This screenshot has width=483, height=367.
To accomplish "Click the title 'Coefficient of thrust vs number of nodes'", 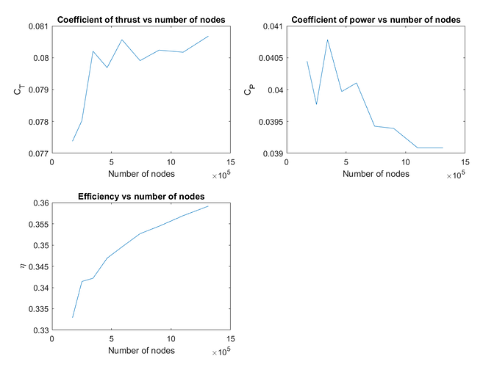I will (x=141, y=19).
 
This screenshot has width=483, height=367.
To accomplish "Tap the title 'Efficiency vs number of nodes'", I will (x=141, y=196).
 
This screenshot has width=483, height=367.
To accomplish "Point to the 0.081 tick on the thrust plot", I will (x=38, y=26).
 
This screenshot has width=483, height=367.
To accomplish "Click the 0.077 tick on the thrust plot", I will (x=38, y=153).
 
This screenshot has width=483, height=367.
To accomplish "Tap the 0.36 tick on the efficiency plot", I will (x=40, y=203).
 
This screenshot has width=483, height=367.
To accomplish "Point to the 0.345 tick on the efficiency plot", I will (x=38, y=266).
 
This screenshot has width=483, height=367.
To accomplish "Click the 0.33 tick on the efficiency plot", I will (x=40, y=330).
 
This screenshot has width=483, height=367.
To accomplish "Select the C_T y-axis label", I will (x=18, y=90).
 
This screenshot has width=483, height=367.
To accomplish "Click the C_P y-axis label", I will (x=248, y=90).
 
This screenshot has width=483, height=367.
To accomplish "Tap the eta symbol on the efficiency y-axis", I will (x=22, y=266).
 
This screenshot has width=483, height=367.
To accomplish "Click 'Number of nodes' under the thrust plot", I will (x=141, y=174).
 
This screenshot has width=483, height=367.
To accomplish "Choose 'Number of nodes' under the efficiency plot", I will (x=141, y=351).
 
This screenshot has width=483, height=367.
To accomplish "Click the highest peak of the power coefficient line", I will (x=327, y=40).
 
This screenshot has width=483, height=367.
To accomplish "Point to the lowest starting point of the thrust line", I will (x=73, y=141).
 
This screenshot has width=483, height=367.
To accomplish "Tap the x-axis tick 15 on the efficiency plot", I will (x=231, y=340).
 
